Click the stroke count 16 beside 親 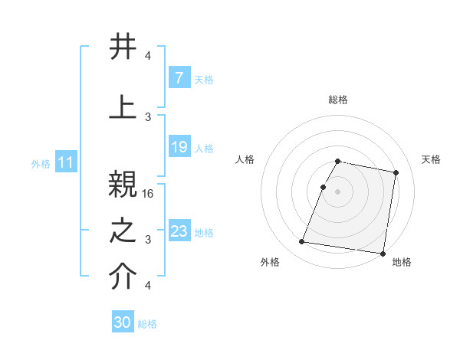click(149, 194)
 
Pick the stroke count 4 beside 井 click(148, 56)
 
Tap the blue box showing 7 click(179, 78)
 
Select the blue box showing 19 click(179, 147)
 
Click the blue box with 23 click(179, 231)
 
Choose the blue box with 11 click(66, 162)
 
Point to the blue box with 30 click(123, 323)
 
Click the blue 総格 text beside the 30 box click(147, 324)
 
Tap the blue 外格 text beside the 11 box click(41, 163)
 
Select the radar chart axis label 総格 click(338, 100)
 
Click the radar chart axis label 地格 click(402, 262)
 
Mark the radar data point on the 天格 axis click(396, 173)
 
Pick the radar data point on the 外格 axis click(302, 242)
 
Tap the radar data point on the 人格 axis click(324, 187)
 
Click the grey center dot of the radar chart click(338, 191)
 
